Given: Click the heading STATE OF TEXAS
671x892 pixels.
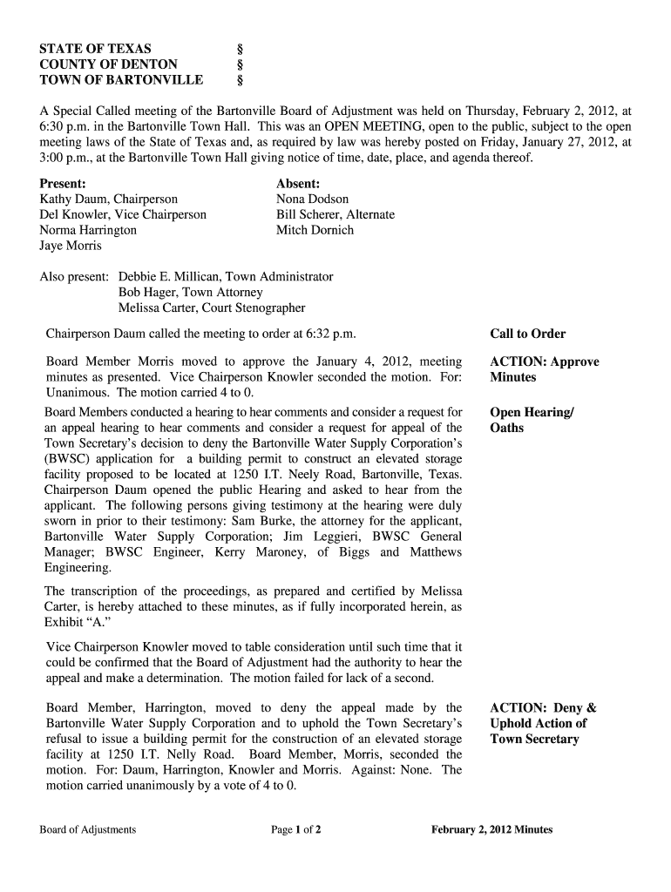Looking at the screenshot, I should [95, 49].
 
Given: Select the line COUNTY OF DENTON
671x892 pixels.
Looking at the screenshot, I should [108, 64].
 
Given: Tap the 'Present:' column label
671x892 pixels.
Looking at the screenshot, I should [63, 184].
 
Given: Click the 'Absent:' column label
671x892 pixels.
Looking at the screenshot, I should [298, 184].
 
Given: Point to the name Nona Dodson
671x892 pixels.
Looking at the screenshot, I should [312, 199].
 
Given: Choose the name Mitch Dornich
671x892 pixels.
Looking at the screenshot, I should [315, 230].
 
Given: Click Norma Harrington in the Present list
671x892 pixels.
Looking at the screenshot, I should [88, 230].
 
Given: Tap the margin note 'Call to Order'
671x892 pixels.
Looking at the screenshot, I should [527, 334].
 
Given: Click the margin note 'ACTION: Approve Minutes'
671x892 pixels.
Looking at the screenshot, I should [544, 369].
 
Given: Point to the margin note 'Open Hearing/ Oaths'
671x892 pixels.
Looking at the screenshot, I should [532, 420].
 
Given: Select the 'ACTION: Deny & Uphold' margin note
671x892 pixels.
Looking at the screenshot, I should [542, 723].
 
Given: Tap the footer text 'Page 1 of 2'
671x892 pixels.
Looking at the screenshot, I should [296, 829].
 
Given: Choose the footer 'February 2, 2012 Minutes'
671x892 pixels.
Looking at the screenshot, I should [491, 829].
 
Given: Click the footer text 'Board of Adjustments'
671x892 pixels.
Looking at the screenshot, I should [87, 829].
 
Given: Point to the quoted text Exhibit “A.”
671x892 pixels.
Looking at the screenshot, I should [77, 623].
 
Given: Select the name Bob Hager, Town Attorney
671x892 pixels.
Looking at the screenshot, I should [190, 293].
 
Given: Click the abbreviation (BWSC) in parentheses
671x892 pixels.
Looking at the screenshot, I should [69, 458].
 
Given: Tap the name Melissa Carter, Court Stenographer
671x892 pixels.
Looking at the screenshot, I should [212, 307].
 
